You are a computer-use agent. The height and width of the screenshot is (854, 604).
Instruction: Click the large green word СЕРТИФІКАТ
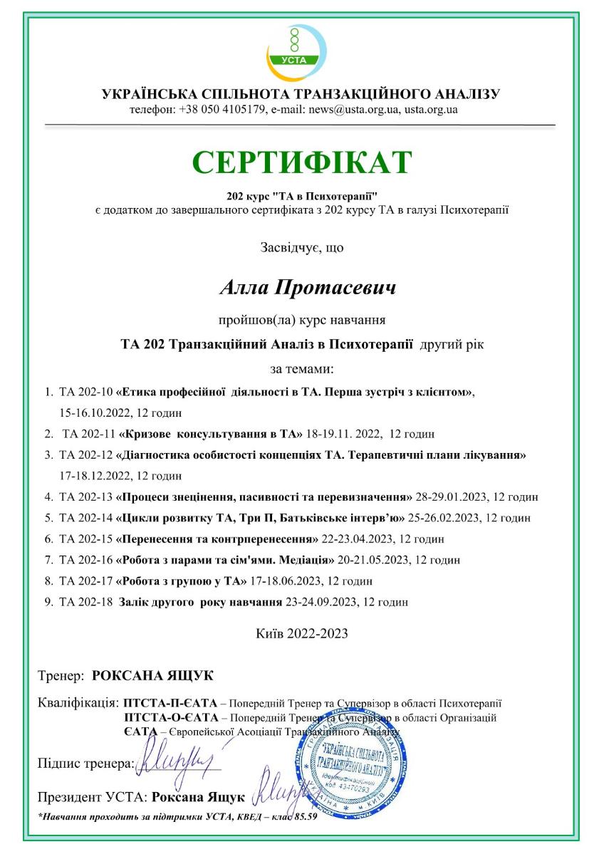[301, 162]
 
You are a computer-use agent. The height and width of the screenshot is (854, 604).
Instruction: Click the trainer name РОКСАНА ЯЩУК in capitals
[153, 674]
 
